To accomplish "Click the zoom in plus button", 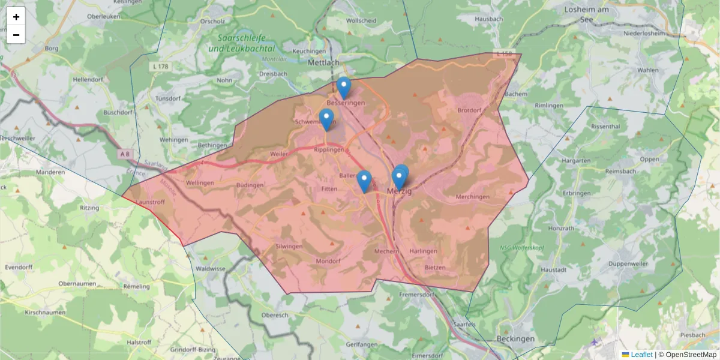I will pyautogui.click(x=16, y=17).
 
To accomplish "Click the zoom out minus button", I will pyautogui.click(x=16, y=35).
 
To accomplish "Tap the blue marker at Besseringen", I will pyautogui.click(x=343, y=88).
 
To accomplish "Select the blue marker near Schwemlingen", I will pyautogui.click(x=326, y=119).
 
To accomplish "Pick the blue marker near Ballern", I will pyautogui.click(x=364, y=181).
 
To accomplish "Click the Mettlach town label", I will pyautogui.click(x=323, y=62).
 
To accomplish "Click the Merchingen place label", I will pyautogui.click(x=473, y=197).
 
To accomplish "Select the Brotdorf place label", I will pyautogui.click(x=469, y=110).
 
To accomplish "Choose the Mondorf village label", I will pyautogui.click(x=328, y=262).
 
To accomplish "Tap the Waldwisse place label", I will pyautogui.click(x=209, y=269).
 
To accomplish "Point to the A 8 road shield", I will pyautogui.click(x=125, y=154).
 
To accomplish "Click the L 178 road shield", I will pyautogui.click(x=160, y=66).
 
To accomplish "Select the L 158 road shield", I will pyautogui.click(x=504, y=54).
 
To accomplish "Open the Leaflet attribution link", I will pyautogui.click(x=641, y=355).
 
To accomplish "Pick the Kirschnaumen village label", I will pyautogui.click(x=45, y=313).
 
